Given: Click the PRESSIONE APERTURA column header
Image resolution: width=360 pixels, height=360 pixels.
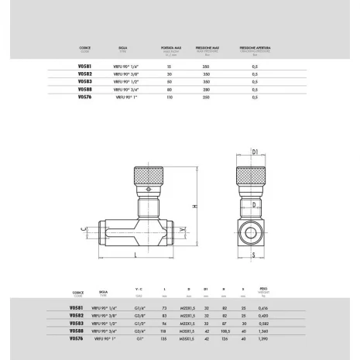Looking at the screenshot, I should coord(257,47).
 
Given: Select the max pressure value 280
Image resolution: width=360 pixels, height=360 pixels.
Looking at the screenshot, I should coord(207,91).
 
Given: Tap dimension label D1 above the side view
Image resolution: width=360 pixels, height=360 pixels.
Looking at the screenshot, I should coord(255,152).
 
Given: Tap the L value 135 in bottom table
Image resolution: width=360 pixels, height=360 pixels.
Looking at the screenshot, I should coord(164,338).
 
